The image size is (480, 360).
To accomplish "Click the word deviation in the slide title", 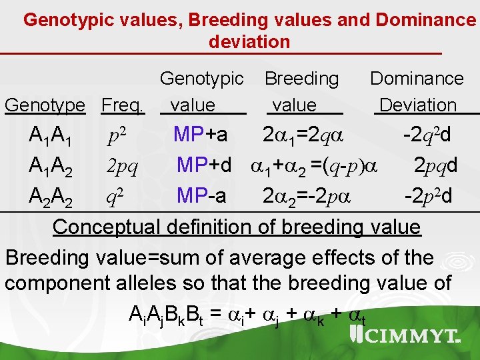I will coord(249,41).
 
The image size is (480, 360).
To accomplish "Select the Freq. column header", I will coord(123,105).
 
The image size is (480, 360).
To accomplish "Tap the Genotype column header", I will coord(45,105).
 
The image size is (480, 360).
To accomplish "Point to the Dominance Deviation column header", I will coord(417,92).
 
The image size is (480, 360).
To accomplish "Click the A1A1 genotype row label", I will coord(51,136).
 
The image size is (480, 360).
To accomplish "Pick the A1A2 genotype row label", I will coord(51,166).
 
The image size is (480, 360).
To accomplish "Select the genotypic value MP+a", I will coord(200,135).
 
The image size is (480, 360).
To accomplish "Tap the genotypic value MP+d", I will coord(204,165).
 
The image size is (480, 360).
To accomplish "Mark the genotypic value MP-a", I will coord(201,195).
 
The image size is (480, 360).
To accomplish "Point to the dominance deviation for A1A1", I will coord(427,135).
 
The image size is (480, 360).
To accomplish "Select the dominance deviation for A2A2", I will coord(429,195).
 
